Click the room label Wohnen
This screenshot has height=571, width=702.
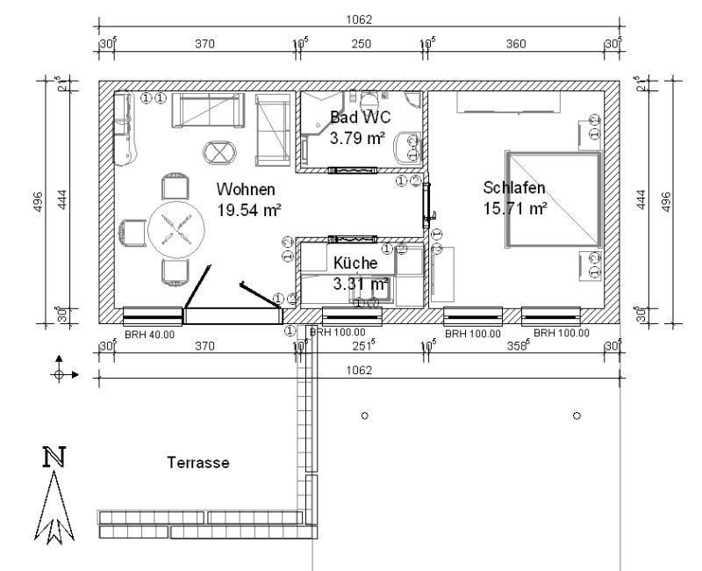(x=247, y=189)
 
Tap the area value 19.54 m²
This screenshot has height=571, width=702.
(x=248, y=210)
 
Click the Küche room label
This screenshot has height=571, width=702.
(x=355, y=263)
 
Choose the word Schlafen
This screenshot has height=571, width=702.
(x=515, y=187)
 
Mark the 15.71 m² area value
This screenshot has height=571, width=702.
(x=515, y=208)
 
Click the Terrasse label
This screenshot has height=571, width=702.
(x=198, y=463)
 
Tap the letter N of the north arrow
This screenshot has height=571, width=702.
(x=54, y=458)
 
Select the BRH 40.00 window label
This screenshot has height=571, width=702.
(x=151, y=334)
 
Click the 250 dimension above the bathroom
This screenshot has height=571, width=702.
(x=362, y=43)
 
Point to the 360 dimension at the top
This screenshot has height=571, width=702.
(x=517, y=43)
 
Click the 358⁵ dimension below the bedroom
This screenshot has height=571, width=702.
(x=519, y=346)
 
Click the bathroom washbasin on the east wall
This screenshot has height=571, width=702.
(x=406, y=147)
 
